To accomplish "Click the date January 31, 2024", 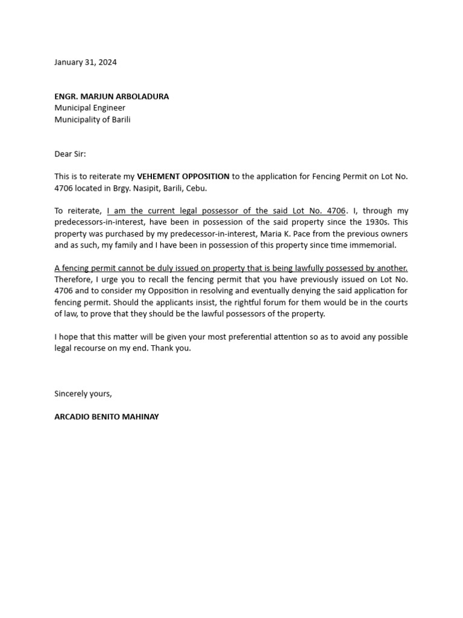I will tap(86, 62).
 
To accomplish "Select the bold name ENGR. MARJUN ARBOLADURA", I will tap(112, 97).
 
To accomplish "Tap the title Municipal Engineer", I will tap(90, 108).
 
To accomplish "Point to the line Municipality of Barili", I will tap(92, 119).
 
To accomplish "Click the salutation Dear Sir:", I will tap(70, 154).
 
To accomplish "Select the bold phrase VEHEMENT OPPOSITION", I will tap(183, 177).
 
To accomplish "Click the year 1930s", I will tap(373, 223).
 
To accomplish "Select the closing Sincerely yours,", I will tap(83, 393).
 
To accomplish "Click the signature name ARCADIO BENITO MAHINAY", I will tap(107, 417).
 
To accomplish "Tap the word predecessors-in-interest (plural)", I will tap(98, 223).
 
